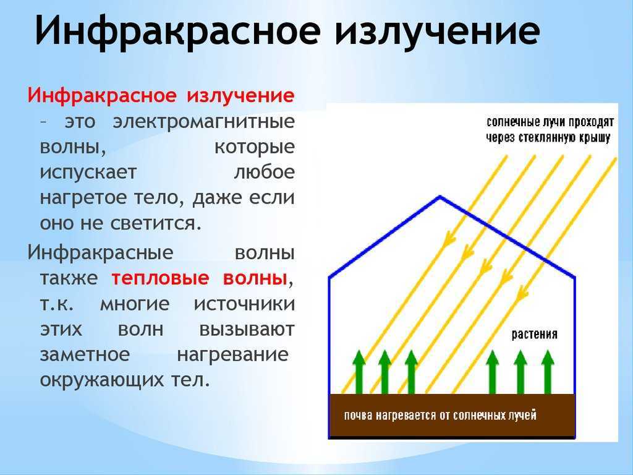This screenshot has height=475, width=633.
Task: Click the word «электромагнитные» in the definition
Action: click(204, 121)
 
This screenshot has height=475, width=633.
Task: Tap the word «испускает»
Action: click(88, 173)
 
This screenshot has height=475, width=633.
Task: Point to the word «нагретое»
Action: click(83, 199)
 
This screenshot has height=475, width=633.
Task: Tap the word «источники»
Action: click(245, 304)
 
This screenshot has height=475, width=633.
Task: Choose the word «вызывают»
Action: click(247, 329)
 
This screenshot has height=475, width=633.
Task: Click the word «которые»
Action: click(254, 147)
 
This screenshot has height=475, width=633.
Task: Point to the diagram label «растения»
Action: click(535, 335)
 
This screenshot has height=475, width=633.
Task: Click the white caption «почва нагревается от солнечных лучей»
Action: click(440, 416)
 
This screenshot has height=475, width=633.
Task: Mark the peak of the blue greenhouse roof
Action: click(440, 197)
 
